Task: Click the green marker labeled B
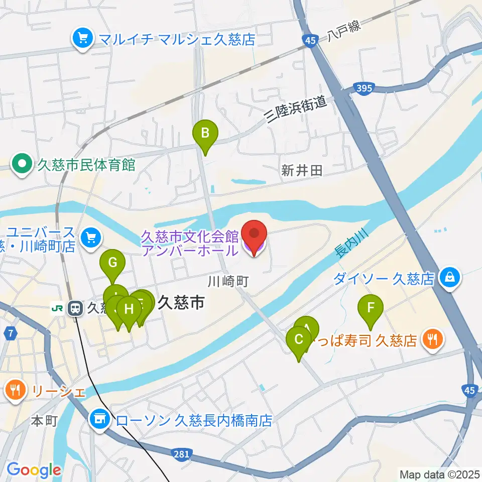[x=205, y=134]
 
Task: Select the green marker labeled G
[x=112, y=263]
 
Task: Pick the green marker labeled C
[x=299, y=340]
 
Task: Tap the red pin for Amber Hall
[x=254, y=234]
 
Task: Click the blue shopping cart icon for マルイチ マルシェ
[x=80, y=39]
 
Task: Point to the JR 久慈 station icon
[x=76, y=307]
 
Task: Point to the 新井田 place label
[x=301, y=171]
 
